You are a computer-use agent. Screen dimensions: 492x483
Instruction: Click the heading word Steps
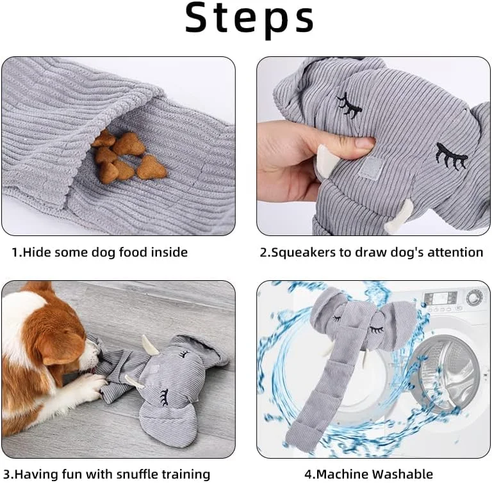(x=249, y=19)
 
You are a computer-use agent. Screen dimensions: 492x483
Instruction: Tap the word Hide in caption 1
(x=34, y=252)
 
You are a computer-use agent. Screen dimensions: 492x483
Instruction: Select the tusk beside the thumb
(x=326, y=160)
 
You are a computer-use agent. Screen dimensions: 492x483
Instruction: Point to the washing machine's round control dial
(x=474, y=296)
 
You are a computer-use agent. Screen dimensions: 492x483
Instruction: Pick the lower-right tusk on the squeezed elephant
(x=399, y=217)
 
